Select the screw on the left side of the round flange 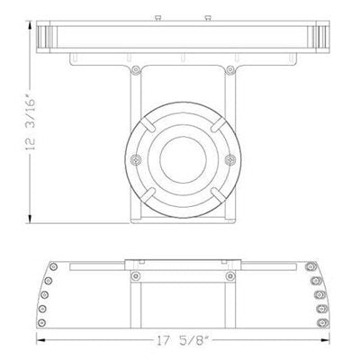point(134,159)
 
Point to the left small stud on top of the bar point(154,16)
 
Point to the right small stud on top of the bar point(208,16)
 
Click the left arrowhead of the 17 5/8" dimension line point(40,340)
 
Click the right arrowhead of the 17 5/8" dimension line point(323,340)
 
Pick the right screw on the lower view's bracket point(227,275)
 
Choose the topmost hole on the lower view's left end point(54,268)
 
